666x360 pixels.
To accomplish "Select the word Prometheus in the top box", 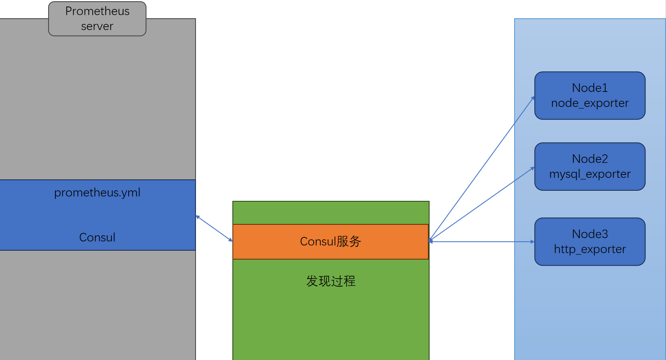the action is [97, 11].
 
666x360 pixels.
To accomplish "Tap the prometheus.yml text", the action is [97, 193].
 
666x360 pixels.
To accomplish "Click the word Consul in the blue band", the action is [97, 237].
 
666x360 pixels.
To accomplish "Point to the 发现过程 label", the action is [331, 281].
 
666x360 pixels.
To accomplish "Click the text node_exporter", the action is [590, 103].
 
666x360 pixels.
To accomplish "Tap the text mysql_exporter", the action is [590, 174].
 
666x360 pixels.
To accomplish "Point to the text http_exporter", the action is [590, 249].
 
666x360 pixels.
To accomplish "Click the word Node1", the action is [590, 88].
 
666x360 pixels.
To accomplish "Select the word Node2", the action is [590, 159].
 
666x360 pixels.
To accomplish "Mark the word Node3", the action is [590, 234].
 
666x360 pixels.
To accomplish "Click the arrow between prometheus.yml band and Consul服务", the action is [214, 228].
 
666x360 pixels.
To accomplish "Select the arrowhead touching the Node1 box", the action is [533, 98].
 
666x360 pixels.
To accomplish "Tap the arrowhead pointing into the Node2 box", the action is [532, 168].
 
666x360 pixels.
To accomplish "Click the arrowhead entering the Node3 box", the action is [532, 242].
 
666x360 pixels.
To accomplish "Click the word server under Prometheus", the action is [97, 26].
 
